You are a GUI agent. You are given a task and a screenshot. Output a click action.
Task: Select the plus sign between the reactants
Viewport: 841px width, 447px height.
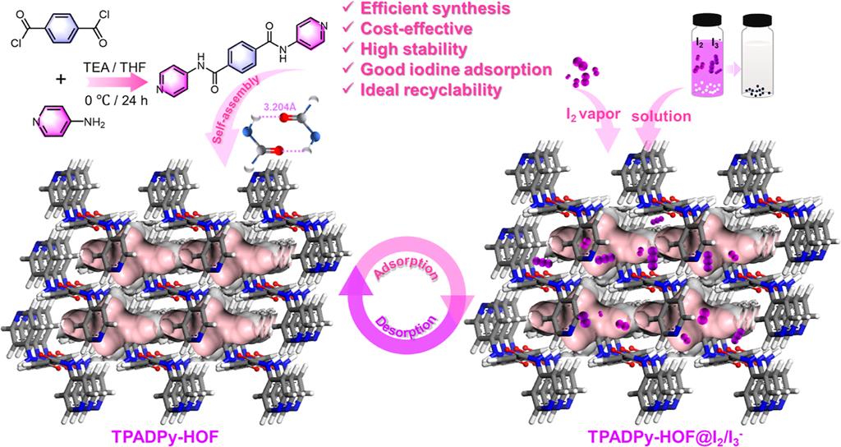[62, 80]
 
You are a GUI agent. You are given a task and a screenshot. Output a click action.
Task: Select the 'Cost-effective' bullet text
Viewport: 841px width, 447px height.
[416, 29]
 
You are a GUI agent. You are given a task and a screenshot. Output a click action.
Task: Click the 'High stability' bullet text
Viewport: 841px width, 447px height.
[414, 48]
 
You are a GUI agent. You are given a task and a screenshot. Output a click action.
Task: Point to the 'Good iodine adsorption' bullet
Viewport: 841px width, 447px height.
[457, 69]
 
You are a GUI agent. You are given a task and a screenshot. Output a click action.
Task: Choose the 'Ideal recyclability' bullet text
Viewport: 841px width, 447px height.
[430, 90]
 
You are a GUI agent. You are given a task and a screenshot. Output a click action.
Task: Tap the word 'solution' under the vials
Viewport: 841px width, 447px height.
[661, 115]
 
